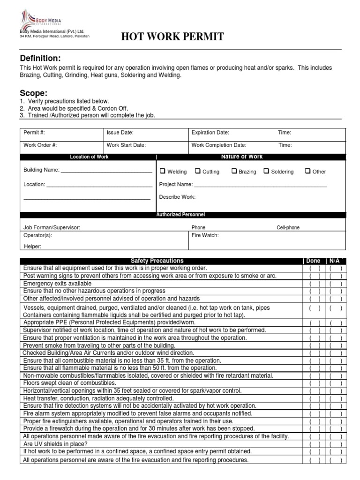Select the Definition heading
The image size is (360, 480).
tap(40, 58)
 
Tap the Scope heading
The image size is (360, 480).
tap(33, 93)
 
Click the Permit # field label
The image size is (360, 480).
tap(34, 133)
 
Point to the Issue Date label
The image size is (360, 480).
tap(120, 133)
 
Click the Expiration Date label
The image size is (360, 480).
tap(210, 133)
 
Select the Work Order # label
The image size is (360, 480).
tap(40, 145)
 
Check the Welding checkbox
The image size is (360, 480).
tap(163, 171)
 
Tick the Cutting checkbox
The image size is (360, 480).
tap(198, 171)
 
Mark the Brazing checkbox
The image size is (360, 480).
tap(234, 171)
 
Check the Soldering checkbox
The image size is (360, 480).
tap(266, 171)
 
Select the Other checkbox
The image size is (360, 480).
tap(307, 171)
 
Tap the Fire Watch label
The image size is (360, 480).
tap(205, 235)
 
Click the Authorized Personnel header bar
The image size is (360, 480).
tap(180, 214)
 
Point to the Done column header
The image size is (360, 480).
tap(313, 261)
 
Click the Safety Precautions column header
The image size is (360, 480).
tap(157, 261)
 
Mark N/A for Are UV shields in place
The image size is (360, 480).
tap(335, 444)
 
